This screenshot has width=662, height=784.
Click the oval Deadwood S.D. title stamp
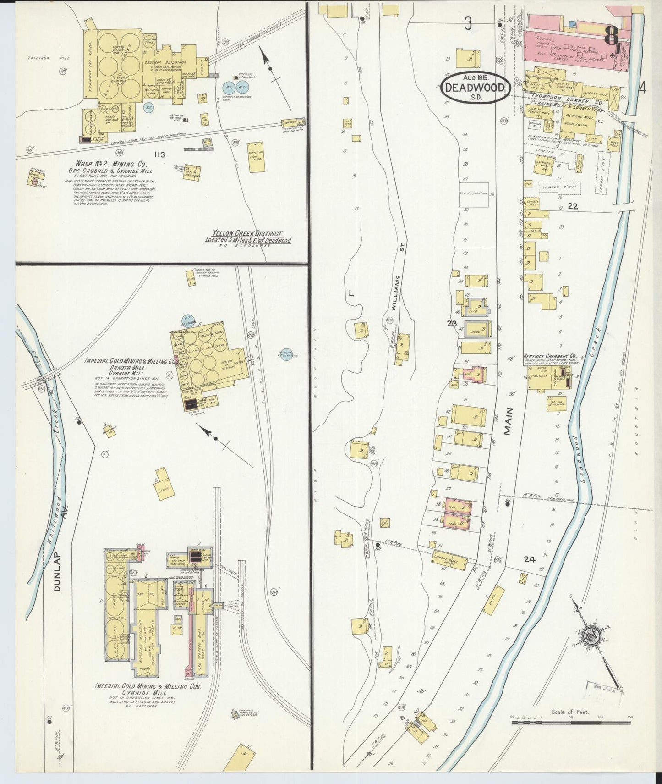[475, 87]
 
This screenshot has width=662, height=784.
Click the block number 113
[160, 155]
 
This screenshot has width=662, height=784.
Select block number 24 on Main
[529, 559]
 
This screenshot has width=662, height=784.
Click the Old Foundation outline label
[474, 193]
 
